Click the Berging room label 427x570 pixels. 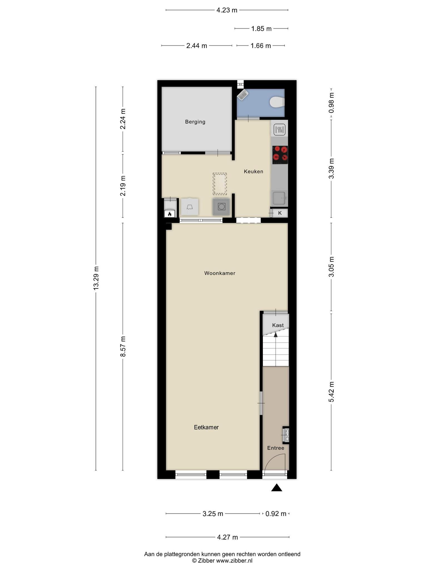195,122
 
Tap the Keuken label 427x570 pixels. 253,171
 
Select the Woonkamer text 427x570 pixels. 220,273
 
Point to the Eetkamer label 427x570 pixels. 206,427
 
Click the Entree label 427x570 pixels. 275,448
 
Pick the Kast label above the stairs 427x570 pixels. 278,325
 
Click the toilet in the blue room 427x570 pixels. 277,102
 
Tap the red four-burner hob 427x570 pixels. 280,155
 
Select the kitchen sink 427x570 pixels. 279,198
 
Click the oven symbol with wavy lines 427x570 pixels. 280,130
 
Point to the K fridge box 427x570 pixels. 280,213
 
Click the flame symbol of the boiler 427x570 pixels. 170,214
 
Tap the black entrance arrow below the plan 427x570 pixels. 277,488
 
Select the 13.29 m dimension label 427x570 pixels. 96,278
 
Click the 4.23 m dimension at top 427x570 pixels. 227,10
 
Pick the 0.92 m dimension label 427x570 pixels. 276,514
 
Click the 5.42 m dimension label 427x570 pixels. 331,392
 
